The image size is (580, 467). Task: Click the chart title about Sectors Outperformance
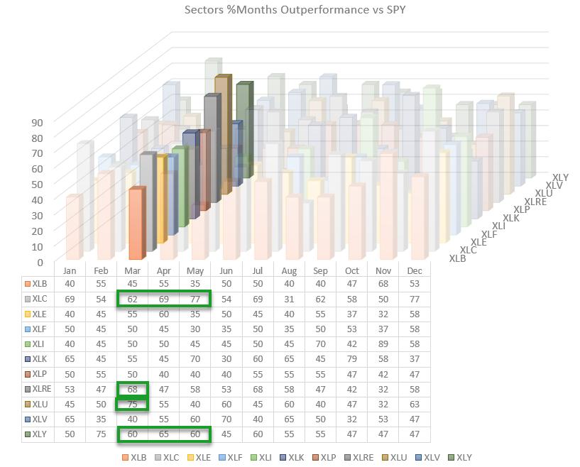click(295, 10)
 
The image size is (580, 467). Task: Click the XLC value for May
click(195, 300)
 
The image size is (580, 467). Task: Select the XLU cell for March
click(132, 404)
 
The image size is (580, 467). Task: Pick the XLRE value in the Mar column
click(132, 389)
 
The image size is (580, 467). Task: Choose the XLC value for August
click(289, 300)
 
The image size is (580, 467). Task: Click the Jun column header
click(226, 270)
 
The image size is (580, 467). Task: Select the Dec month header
click(415, 270)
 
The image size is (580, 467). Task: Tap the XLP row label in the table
click(40, 374)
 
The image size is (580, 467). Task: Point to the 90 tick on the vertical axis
click(37, 122)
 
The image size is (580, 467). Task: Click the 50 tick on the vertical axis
click(37, 184)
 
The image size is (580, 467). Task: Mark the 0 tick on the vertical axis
click(40, 262)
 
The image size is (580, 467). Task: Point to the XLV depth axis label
click(554, 185)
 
